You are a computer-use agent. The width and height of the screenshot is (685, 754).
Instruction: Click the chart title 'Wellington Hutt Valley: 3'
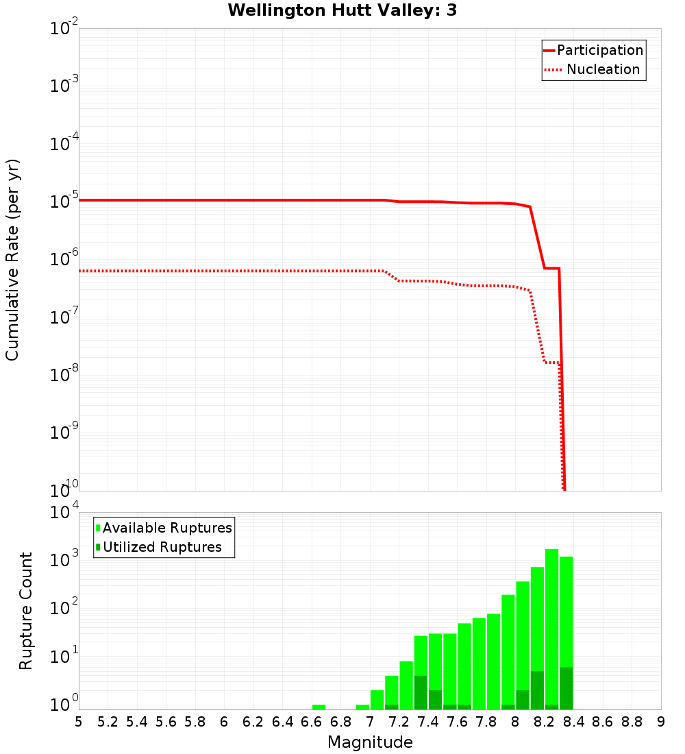(342, 10)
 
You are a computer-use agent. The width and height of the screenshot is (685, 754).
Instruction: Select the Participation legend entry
(600, 51)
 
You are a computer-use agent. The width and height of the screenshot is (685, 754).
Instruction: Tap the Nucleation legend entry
(602, 70)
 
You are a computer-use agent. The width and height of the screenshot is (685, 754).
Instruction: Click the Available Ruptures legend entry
(167, 528)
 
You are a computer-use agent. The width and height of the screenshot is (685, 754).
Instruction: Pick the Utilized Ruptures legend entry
(162, 547)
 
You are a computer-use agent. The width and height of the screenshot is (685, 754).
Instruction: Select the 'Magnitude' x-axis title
(370, 742)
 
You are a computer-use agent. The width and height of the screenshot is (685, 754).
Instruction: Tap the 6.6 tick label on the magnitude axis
(312, 722)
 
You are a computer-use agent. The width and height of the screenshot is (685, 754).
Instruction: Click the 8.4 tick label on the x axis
(574, 722)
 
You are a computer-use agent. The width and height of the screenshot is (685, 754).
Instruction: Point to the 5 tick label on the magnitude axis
(79, 722)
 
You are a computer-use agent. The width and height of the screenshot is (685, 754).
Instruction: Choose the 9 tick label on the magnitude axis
(660, 722)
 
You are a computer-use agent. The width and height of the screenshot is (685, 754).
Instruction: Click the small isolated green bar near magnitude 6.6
(319, 707)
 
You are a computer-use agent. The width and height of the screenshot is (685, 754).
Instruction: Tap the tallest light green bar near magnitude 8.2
(551, 617)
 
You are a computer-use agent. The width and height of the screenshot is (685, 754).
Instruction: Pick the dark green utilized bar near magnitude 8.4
(566, 688)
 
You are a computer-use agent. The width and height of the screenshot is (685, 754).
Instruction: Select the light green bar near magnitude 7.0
(377, 700)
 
